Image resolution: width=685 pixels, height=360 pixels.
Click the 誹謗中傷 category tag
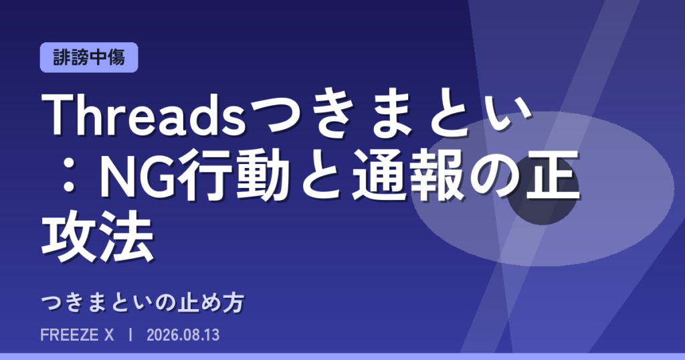(x=89, y=58)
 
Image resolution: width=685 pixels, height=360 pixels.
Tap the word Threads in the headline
(x=144, y=115)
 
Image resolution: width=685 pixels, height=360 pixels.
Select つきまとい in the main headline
(x=391, y=115)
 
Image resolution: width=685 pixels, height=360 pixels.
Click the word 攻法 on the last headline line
(x=98, y=236)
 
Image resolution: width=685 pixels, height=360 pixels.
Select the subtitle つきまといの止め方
(x=142, y=302)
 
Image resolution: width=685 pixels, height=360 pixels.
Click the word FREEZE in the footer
(x=70, y=335)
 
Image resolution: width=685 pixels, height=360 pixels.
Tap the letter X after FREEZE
(x=109, y=335)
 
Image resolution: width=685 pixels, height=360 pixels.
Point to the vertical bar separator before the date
(x=130, y=335)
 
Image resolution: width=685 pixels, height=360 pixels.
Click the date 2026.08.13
(x=183, y=335)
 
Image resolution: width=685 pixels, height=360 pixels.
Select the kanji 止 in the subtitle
(x=187, y=302)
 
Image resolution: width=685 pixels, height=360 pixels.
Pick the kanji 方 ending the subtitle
(x=233, y=302)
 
